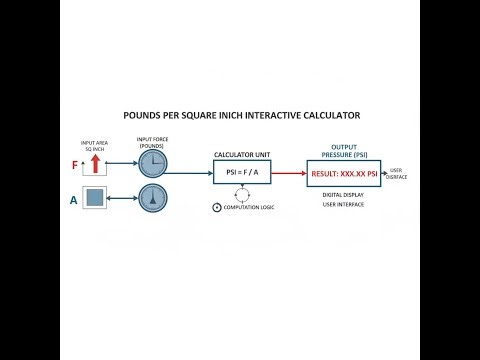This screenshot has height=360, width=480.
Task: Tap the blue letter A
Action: (74, 200)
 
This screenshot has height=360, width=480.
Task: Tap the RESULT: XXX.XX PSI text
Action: (343, 172)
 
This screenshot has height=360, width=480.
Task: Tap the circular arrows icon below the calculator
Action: (216, 206)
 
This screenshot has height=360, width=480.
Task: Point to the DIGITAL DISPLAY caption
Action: (343, 194)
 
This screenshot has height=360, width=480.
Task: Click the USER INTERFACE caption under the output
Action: (343, 204)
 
